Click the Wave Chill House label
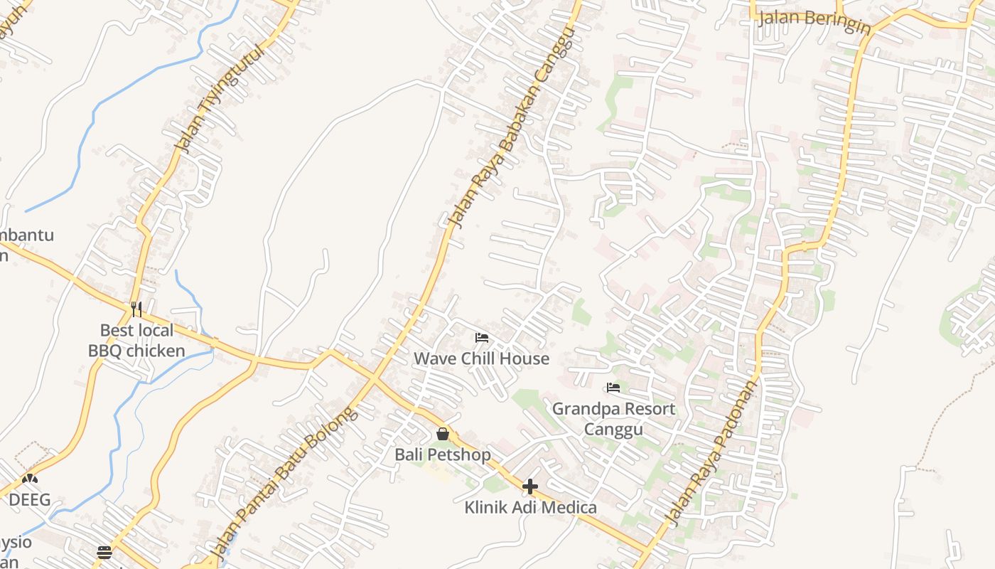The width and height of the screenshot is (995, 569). (481, 358)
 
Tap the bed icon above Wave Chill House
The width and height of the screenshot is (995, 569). (482, 337)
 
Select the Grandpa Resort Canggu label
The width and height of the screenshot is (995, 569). (613, 419)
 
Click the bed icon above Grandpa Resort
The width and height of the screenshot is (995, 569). (613, 388)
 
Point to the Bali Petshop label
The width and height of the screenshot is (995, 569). (443, 454)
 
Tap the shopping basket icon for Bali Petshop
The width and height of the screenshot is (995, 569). (443, 433)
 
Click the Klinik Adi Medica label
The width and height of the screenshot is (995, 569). (530, 508)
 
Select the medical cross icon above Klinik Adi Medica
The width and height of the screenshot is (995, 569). (530, 487)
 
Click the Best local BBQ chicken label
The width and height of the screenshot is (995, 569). (136, 341)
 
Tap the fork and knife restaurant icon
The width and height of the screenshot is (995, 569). (136, 309)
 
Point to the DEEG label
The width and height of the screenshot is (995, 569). (30, 500)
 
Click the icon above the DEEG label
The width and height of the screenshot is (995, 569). (30, 479)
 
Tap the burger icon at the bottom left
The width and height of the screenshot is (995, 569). (104, 553)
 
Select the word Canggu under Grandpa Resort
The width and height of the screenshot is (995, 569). (613, 430)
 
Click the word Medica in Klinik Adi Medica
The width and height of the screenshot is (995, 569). (566, 508)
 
